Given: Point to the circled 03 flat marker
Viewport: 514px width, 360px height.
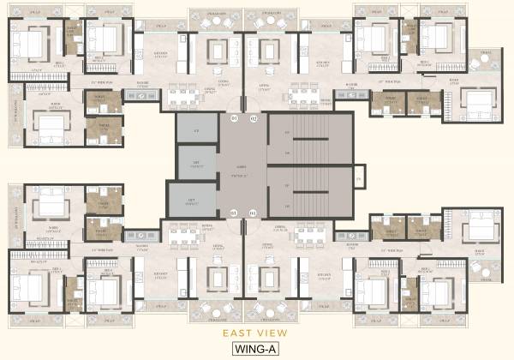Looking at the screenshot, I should [233, 212].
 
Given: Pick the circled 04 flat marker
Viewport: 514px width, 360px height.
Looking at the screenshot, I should [253, 212].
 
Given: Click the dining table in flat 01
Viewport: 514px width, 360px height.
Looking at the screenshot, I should [182, 97].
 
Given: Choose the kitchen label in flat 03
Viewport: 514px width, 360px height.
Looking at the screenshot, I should [161, 274].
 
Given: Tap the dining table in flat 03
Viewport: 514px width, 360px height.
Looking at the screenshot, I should [182, 235].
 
